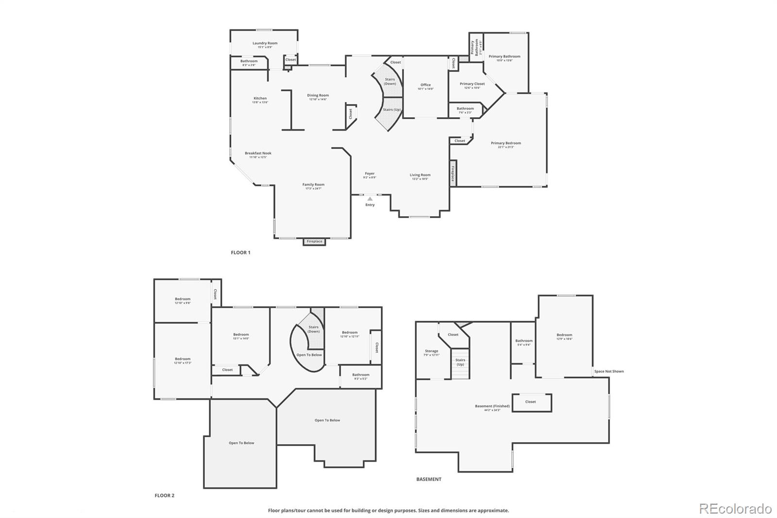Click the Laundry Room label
tap(265, 43)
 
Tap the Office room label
tap(425, 85)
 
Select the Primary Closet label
tap(472, 84)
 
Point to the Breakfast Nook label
tap(258, 154)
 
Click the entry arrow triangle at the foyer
tap(370, 199)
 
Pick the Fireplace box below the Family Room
tap(314, 242)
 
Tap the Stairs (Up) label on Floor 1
tap(391, 110)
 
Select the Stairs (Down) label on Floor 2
tap(314, 329)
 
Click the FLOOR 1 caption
tap(240, 253)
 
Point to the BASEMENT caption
tap(429, 479)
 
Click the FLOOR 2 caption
tap(164, 496)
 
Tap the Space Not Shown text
tap(609, 371)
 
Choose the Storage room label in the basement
tap(431, 351)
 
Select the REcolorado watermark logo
tap(735, 509)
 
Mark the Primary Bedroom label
tap(506, 143)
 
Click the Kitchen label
tap(260, 99)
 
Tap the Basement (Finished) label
tap(492, 406)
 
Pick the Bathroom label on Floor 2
tap(360, 375)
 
